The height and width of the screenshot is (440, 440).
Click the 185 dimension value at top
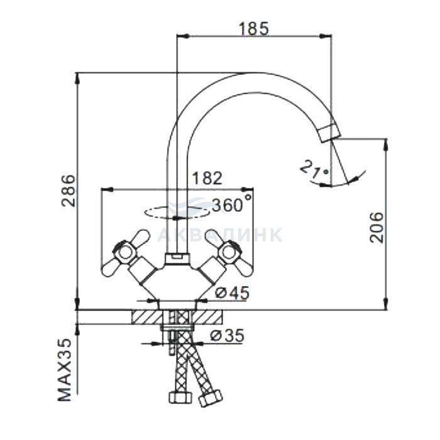tap(253, 28)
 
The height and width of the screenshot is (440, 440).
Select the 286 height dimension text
tap(69, 191)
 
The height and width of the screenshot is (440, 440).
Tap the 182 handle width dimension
tap(207, 178)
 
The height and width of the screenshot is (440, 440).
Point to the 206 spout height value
tap(376, 228)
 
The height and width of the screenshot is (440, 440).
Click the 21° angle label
tap(314, 169)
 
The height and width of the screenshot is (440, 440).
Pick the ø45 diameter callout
tap(232, 293)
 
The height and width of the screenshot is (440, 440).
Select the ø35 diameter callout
tap(228, 335)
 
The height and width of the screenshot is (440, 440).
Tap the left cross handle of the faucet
tap(126, 253)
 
